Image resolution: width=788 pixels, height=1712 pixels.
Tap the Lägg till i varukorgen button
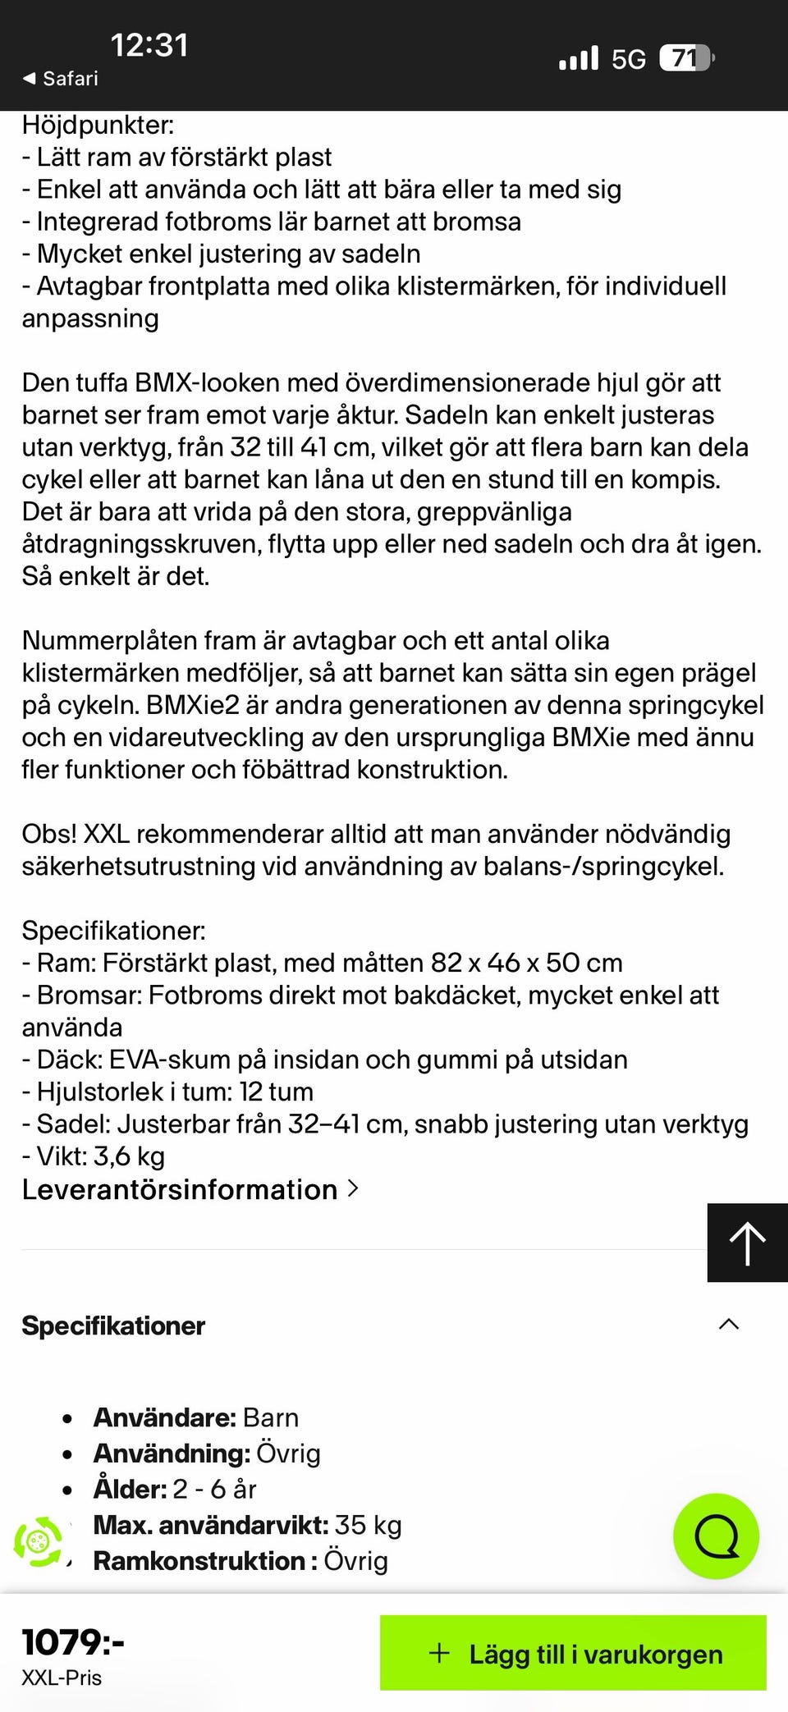coord(573,1654)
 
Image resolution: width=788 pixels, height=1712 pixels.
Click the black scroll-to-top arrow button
coord(747,1243)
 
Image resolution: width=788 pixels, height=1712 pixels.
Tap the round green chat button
coord(716,1536)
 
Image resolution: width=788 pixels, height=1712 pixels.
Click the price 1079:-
coord(73,1642)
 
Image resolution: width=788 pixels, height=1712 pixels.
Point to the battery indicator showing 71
coord(686,58)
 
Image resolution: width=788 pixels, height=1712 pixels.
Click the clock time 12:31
coord(149,45)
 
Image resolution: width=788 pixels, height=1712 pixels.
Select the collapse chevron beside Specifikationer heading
coord(728,1325)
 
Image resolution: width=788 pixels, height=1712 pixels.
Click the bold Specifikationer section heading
coord(113,1325)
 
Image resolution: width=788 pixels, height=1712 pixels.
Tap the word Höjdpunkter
coord(98,126)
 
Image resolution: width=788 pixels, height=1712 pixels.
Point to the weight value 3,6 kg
coord(129,1156)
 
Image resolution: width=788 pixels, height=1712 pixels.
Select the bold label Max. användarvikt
coord(210,1525)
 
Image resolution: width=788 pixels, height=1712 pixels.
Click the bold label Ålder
coord(130,1489)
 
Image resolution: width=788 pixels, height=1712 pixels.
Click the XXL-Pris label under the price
coord(62,1678)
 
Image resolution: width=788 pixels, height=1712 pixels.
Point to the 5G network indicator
coord(628,59)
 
